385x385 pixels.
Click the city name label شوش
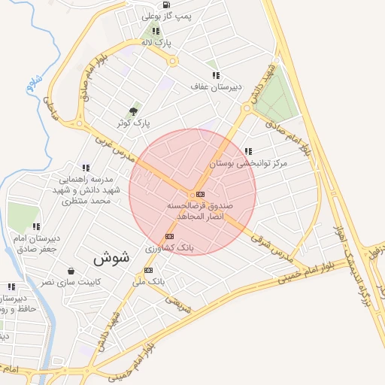tap(112, 257)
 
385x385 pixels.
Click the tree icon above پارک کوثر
tap(135, 111)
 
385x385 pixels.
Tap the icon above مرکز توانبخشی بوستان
tap(249, 151)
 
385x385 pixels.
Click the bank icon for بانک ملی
tap(148, 270)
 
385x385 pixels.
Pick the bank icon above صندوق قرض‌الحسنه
tap(199, 193)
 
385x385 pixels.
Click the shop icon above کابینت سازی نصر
tap(71, 270)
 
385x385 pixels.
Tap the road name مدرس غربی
tap(114, 147)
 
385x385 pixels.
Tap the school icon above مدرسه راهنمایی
tap(86, 168)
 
